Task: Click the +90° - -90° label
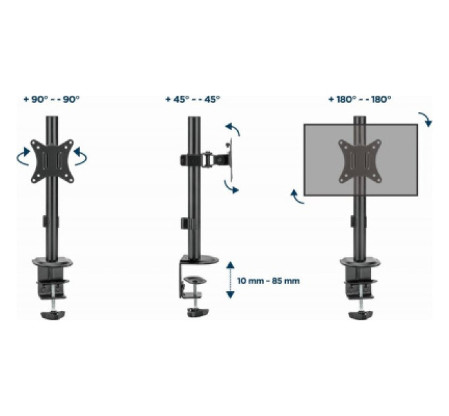pyautogui.click(x=52, y=99)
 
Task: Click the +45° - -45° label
pyautogui.click(x=193, y=99)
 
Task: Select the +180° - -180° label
pyautogui.click(x=360, y=99)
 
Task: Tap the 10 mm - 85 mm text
pyautogui.click(x=268, y=281)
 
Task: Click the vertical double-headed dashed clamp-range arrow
pyautogui.click(x=230, y=280)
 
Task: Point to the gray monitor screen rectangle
pyautogui.click(x=361, y=160)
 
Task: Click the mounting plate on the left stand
pyautogui.click(x=52, y=161)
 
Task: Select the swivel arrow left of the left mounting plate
pyautogui.click(x=23, y=156)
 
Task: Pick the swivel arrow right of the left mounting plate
pyautogui.click(x=81, y=156)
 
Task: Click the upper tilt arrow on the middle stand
pyautogui.click(x=233, y=128)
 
